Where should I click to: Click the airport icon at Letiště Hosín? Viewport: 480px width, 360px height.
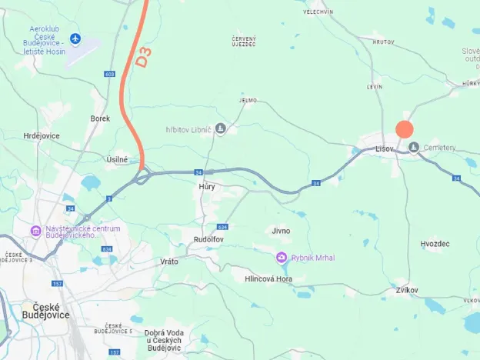[75, 38]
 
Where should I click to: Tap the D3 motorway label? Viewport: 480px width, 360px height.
[144, 57]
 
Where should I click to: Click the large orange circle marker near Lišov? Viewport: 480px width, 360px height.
[405, 130]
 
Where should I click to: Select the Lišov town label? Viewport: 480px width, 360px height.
[385, 148]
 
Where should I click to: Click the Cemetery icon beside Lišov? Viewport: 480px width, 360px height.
[414, 147]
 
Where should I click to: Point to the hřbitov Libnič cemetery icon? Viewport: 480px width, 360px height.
[221, 128]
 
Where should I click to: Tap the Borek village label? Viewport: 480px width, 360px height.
[100, 118]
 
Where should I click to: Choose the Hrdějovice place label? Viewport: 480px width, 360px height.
[42, 135]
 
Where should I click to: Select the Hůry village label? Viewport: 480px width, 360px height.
[207, 187]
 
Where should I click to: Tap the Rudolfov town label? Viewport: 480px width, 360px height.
[208, 239]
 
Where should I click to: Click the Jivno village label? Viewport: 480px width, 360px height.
[280, 231]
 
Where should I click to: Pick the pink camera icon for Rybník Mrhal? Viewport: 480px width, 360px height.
[282, 257]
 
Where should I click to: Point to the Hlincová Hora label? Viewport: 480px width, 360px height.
[269, 278]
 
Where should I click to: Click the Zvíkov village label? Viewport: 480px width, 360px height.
[407, 290]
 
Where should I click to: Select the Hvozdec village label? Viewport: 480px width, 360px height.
[435, 243]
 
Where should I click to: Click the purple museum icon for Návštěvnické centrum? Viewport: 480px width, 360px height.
[35, 231]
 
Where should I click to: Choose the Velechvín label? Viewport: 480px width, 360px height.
[318, 12]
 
